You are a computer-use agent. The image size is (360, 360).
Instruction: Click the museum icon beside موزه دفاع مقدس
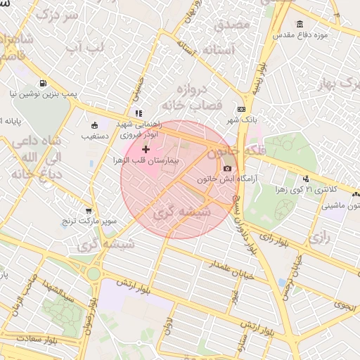tap(300, 25)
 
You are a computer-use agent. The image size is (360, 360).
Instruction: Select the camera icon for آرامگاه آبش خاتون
tap(227, 168)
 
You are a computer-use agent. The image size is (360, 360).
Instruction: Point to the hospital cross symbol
tap(146, 149)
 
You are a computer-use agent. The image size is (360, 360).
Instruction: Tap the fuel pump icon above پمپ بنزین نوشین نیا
tap(44, 82)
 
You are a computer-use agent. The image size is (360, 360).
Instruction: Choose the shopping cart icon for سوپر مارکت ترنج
tap(88, 210)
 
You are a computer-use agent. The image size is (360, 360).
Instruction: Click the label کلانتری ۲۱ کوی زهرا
tap(333, 190)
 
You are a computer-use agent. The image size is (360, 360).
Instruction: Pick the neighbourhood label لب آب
tap(84, 48)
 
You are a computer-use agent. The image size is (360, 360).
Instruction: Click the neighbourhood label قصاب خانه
tap(191, 104)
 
